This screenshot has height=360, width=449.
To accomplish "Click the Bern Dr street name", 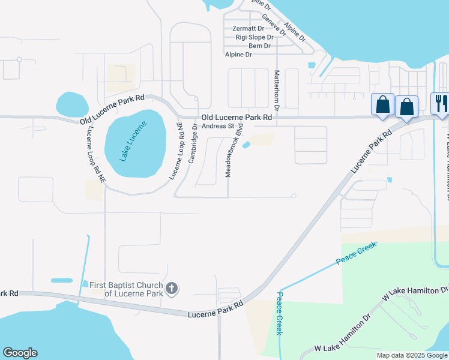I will coord(259,46).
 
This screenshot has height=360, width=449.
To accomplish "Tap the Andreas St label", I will coord(217,126).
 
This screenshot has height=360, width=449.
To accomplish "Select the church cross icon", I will coord(171,288).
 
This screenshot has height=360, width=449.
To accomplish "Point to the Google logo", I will coord(20,353).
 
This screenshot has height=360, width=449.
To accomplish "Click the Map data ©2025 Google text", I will coord(412,355).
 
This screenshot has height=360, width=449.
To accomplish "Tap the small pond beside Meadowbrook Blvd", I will coord(247,145).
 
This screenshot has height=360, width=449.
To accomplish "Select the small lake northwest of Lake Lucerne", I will coord(71,104).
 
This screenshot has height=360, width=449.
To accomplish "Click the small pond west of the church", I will coord(62,280).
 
